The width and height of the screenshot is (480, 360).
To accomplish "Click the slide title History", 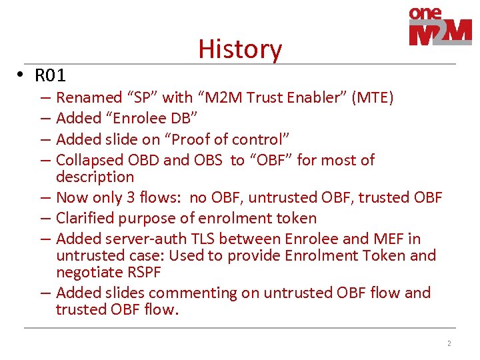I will click(x=240, y=49).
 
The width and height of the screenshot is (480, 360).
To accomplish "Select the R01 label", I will click(x=50, y=75).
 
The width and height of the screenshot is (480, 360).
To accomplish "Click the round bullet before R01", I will click(x=22, y=74).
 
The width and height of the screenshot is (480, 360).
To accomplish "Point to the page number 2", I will click(x=449, y=343).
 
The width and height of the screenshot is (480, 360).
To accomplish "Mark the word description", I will click(x=95, y=177).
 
